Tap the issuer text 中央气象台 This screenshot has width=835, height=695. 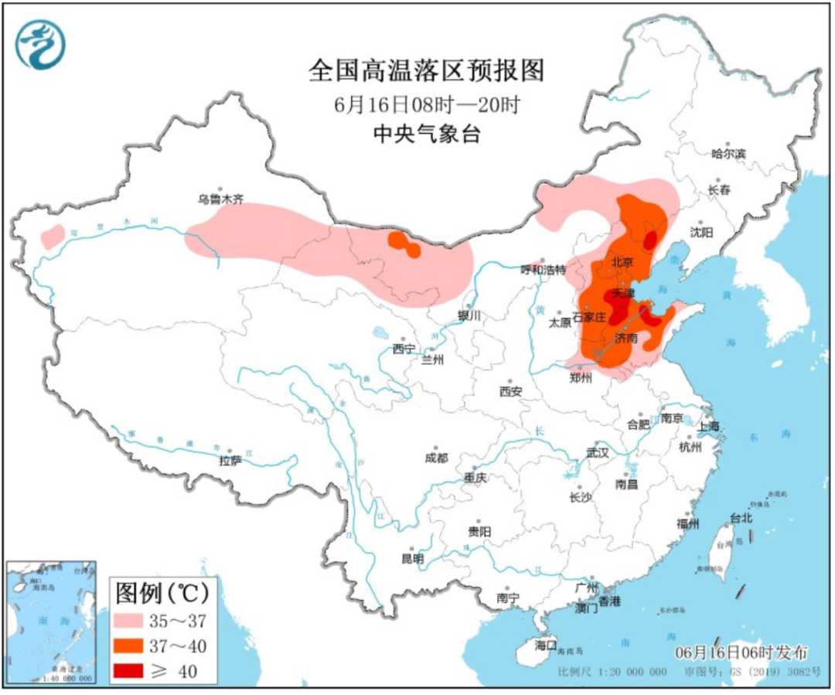tap(427, 134)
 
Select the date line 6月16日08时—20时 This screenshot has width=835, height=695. tap(427, 104)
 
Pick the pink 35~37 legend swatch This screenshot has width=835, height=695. tap(135, 621)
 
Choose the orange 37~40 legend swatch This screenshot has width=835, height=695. tap(135, 646)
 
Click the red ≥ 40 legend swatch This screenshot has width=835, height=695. tap(135, 672)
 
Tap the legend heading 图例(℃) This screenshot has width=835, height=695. tap(162, 593)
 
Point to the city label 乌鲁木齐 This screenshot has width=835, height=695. tap(220, 199)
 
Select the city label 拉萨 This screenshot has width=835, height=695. tap(230, 461)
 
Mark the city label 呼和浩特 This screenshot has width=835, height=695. tap(544, 270)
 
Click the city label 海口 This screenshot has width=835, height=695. tap(546, 644)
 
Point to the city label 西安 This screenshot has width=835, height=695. tap(510, 391)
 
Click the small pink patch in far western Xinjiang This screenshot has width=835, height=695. tap(53, 235)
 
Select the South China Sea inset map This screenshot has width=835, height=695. tap(50, 622)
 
